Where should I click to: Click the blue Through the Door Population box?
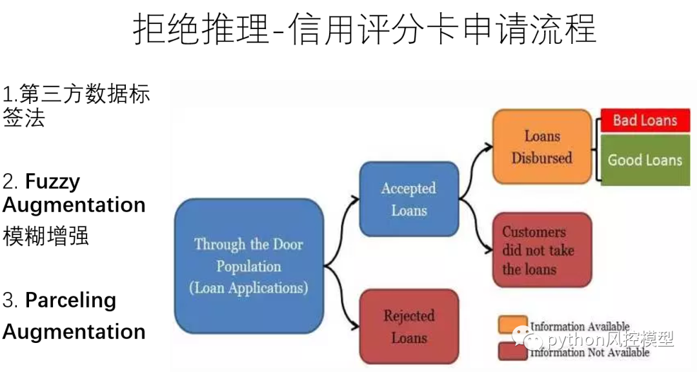pyautogui.click(x=249, y=266)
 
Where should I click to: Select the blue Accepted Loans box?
pyautogui.click(x=409, y=199)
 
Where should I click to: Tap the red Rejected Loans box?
pyautogui.click(x=409, y=326)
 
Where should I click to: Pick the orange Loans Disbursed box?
pyautogui.click(x=542, y=147)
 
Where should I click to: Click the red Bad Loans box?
pyautogui.click(x=645, y=120)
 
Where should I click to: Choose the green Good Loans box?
pyautogui.click(x=645, y=160)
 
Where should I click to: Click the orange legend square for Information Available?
pyautogui.click(x=512, y=324)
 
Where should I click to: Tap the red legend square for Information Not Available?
pyautogui.click(x=512, y=351)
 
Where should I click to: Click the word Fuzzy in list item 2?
pyautogui.click(x=53, y=181)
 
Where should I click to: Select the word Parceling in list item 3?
pyautogui.click(x=70, y=300)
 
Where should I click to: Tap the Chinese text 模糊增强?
pyautogui.click(x=45, y=236)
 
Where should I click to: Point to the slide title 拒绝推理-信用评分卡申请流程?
pyautogui.click(x=365, y=29)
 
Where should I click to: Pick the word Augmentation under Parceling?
pyautogui.click(x=74, y=331)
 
